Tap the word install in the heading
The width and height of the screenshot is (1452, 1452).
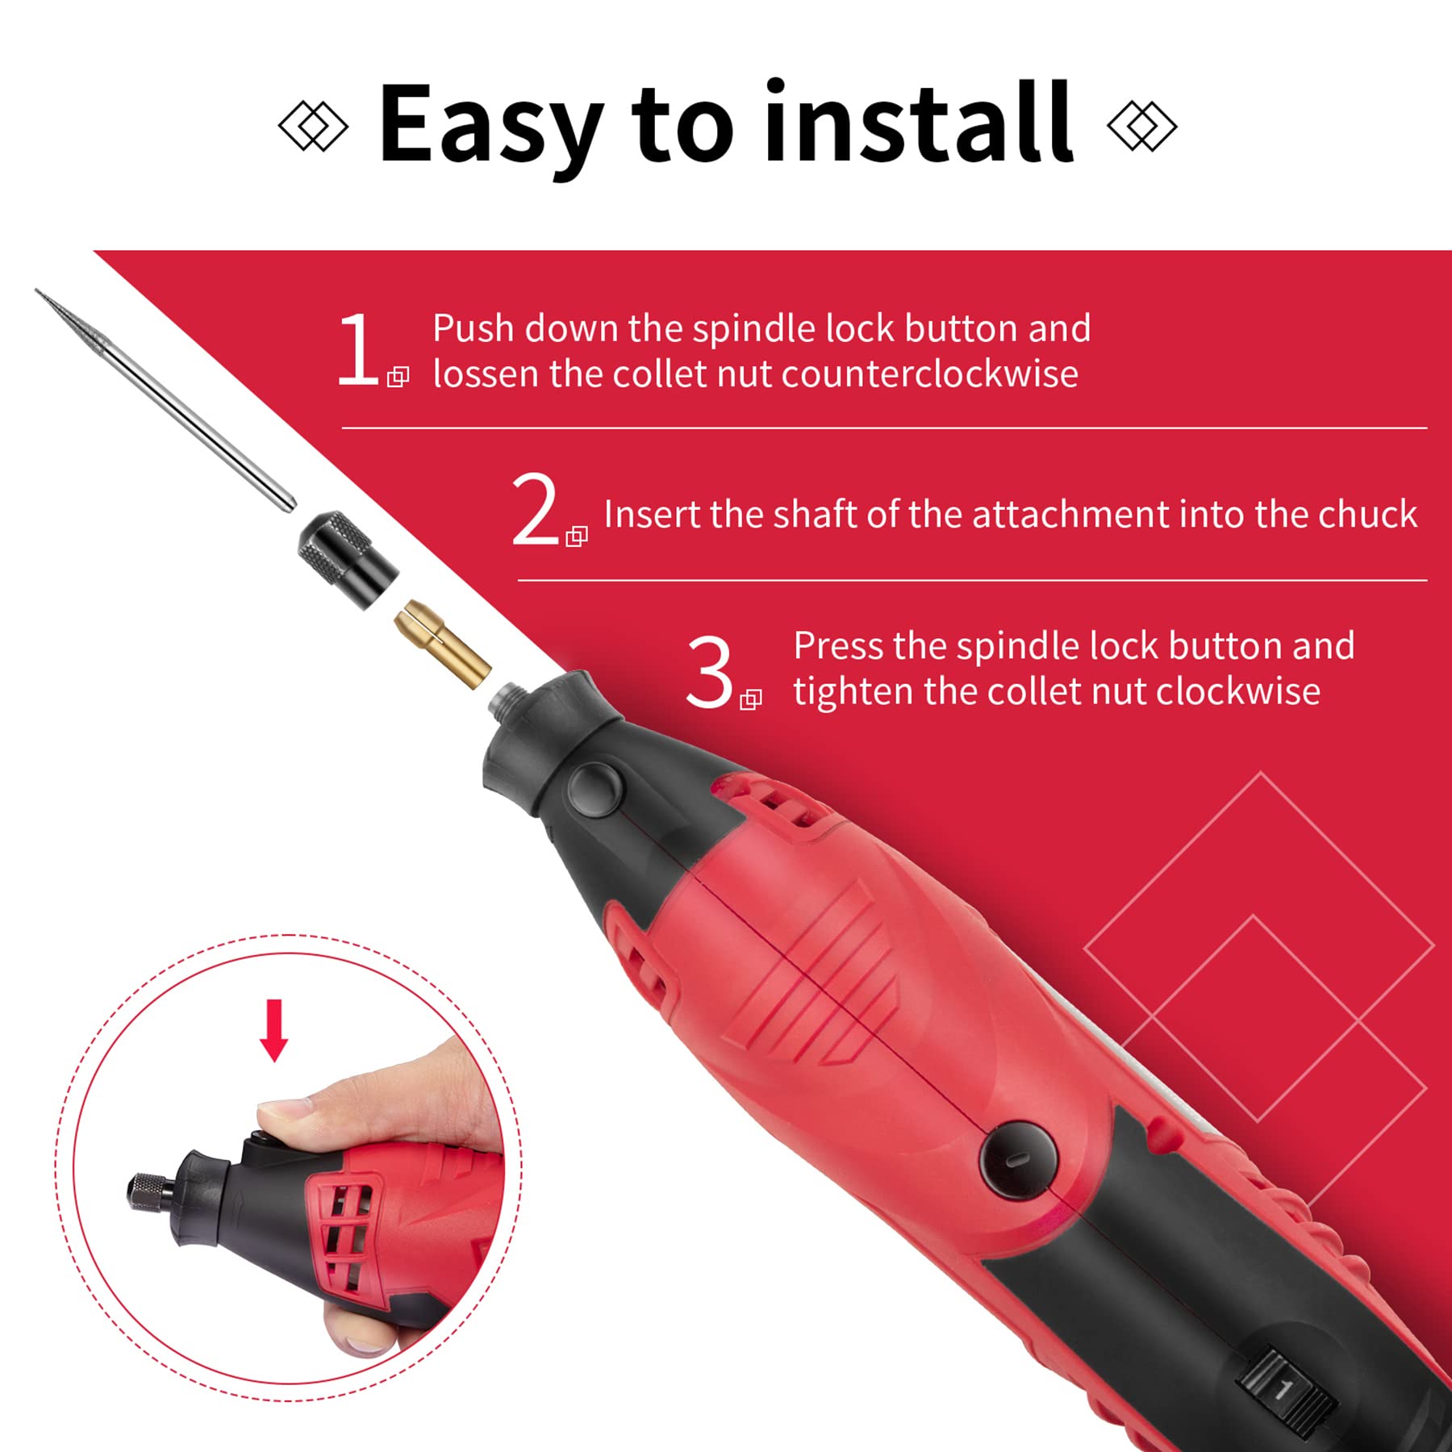click(x=920, y=121)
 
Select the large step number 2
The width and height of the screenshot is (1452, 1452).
click(x=536, y=509)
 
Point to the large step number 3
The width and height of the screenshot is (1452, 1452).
click(x=709, y=672)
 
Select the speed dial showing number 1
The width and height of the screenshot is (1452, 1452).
click(x=1283, y=1389)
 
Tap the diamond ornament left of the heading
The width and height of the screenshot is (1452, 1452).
click(x=313, y=126)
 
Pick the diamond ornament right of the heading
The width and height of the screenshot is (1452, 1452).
click(x=1142, y=126)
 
